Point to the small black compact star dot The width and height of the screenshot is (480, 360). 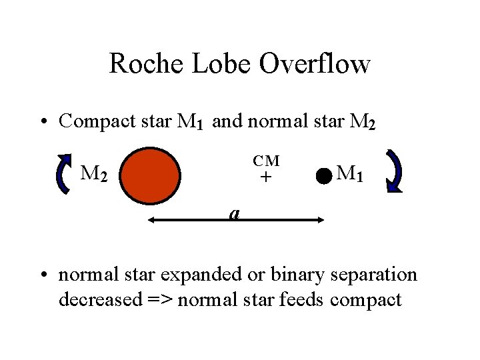(323, 177)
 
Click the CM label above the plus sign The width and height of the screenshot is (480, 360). (266, 161)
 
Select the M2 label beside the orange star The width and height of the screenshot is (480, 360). (94, 174)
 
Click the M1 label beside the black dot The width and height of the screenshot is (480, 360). (350, 174)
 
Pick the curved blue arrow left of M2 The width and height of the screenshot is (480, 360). (63, 173)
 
